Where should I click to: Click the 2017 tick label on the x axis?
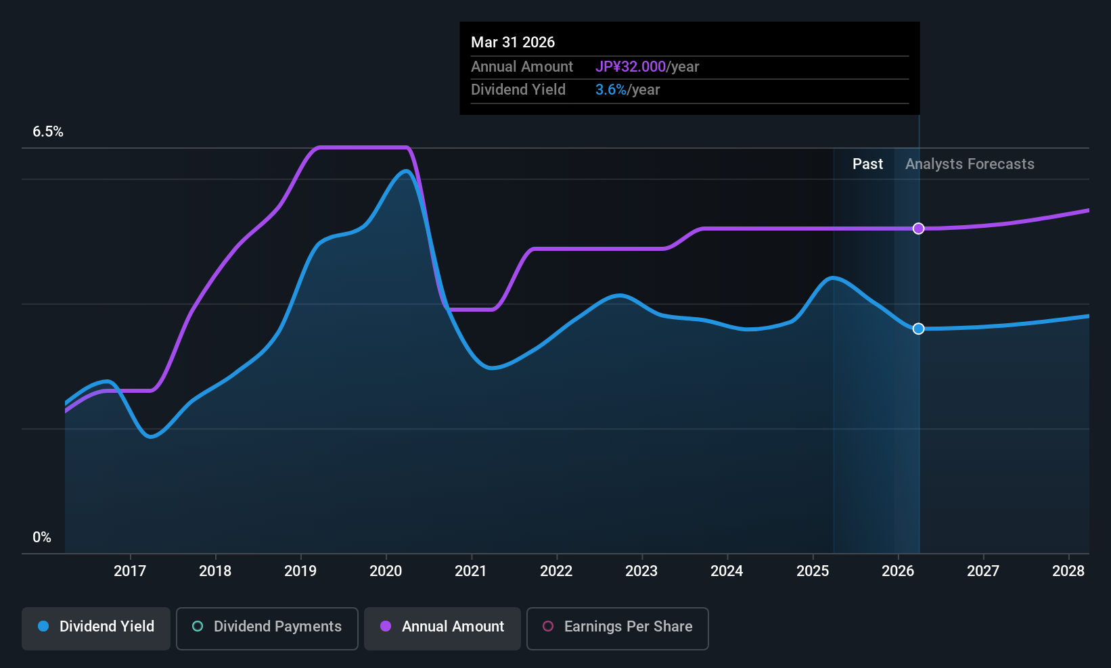click(130, 571)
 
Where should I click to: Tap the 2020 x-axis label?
click(386, 571)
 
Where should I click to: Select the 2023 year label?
click(641, 571)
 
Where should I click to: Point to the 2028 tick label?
click(1068, 571)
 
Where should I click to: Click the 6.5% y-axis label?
click(48, 132)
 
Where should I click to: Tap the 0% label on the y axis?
click(42, 538)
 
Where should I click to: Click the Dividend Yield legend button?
click(96, 627)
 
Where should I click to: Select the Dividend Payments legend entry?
click(267, 627)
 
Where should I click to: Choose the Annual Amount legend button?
click(443, 627)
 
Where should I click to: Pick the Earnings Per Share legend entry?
click(618, 627)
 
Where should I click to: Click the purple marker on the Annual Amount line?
click(918, 229)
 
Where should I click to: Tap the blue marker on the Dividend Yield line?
click(918, 329)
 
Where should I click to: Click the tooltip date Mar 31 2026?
click(513, 43)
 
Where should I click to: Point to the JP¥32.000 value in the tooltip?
click(631, 67)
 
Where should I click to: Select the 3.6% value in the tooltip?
click(611, 90)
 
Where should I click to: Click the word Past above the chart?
click(867, 164)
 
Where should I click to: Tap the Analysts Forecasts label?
click(970, 164)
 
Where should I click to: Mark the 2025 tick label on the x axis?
click(813, 571)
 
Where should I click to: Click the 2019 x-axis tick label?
click(300, 571)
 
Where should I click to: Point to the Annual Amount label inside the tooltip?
click(522, 67)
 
